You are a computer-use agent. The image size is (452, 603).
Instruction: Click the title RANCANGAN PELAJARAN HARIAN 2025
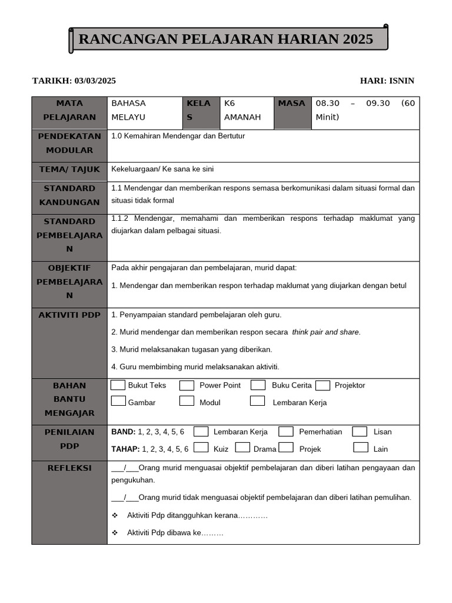coord(226,39)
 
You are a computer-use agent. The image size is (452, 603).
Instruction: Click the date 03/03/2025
coord(95,81)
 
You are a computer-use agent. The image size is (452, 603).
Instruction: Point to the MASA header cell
coord(292,104)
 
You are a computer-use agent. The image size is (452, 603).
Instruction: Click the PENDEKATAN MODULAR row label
coord(69,143)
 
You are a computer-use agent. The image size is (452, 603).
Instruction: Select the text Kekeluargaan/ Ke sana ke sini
coord(162,169)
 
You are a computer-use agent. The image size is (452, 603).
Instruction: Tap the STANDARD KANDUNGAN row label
coord(69,195)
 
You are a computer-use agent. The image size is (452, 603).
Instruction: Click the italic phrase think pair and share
coord(326,332)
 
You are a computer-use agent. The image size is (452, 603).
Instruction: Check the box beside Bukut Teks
coord(118,385)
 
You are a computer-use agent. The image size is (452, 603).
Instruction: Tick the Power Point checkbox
coord(187,386)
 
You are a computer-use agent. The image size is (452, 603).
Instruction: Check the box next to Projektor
coord(322,386)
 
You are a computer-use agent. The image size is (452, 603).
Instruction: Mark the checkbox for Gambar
coord(118,401)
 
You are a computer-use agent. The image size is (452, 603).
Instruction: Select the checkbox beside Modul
coord(187,401)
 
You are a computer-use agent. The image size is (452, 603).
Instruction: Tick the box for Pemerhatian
coord(286,432)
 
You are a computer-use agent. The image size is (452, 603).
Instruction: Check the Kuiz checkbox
coord(201,448)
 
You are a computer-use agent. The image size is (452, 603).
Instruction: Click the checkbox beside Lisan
coord(360,432)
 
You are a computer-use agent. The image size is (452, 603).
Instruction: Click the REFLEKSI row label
coord(69,468)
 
